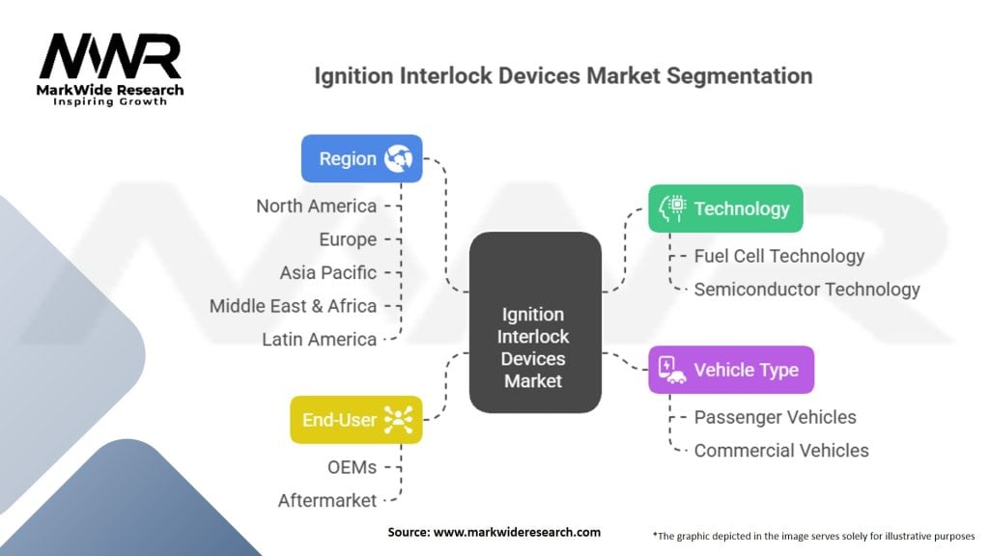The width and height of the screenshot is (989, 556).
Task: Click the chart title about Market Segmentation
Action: coord(563,75)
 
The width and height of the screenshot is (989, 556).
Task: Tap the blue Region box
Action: coord(361,158)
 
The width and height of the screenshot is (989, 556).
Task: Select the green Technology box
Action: coord(724,208)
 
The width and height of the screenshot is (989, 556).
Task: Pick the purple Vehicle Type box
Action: coord(730,370)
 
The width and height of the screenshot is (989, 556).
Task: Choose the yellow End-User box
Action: coord(354,420)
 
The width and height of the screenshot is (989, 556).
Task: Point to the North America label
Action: coord(316,206)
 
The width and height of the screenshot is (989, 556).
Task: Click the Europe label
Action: coord(348,239)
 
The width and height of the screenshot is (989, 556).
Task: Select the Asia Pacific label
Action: coord(327,272)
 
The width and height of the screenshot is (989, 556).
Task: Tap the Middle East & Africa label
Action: coord(293,306)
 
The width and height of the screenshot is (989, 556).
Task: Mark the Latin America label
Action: coord(319,339)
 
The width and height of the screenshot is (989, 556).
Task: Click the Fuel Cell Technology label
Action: coord(778,256)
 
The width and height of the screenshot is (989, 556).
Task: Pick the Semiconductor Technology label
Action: coord(806,289)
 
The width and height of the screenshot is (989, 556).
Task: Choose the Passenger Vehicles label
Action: coord(775,417)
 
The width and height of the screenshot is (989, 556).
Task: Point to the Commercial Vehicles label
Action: coord(780,450)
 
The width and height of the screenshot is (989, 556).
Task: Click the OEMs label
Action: coord(352,467)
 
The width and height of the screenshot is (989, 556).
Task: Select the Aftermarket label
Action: coord(326,500)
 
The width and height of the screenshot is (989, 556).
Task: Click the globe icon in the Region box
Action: coord(398,158)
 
